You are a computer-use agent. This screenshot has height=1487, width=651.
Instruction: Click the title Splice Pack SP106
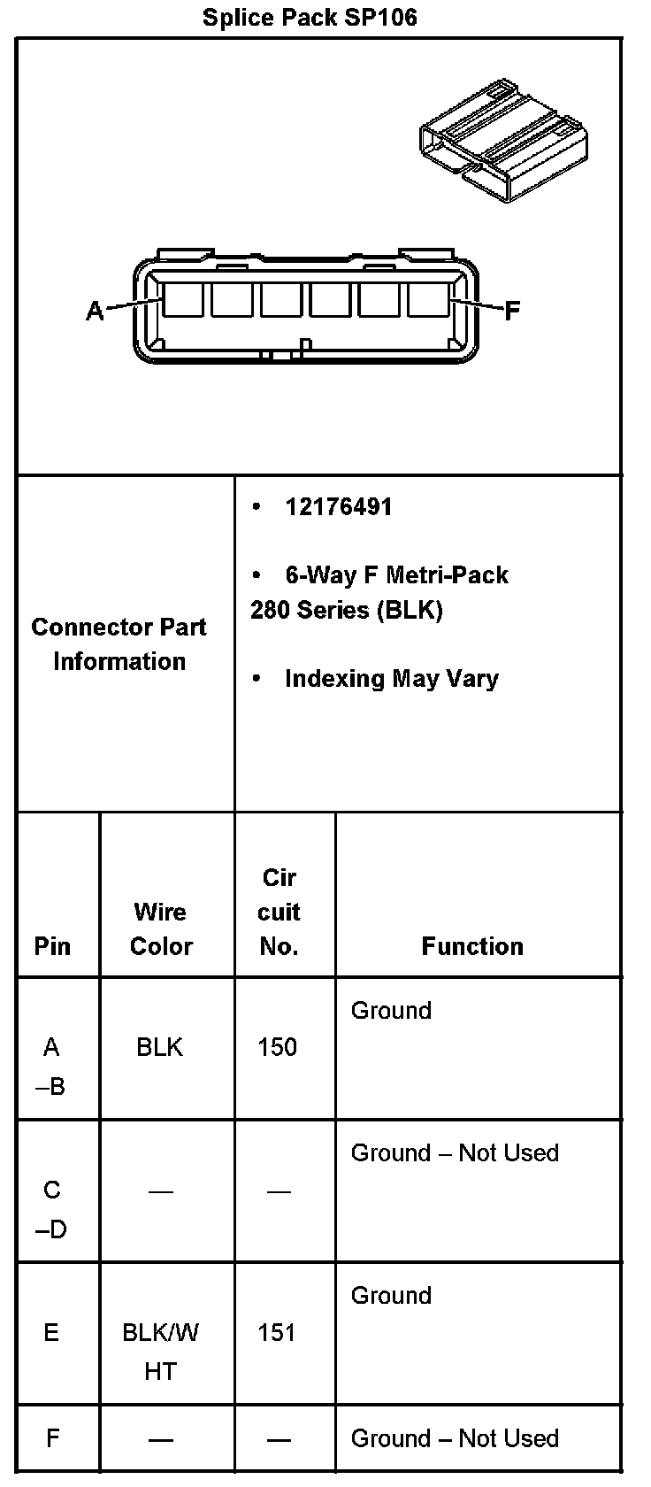click(x=310, y=17)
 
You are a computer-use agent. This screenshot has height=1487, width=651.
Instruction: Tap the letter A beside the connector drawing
click(x=95, y=311)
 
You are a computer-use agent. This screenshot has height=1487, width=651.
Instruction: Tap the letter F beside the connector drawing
click(x=512, y=311)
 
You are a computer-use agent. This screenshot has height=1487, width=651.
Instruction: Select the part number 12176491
click(x=338, y=507)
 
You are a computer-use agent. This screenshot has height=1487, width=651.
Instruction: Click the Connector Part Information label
click(x=119, y=644)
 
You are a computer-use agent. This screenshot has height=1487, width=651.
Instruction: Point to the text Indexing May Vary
click(x=391, y=679)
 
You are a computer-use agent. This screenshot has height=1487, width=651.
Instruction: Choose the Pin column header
click(x=52, y=946)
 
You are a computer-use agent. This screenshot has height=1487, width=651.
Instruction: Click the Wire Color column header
click(x=161, y=928)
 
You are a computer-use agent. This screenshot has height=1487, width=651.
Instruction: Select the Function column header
click(x=472, y=946)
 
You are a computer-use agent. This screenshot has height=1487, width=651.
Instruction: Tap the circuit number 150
click(x=277, y=1047)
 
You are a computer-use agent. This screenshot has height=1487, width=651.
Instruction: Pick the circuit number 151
click(x=277, y=1333)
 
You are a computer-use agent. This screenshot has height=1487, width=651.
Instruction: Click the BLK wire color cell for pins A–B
click(x=159, y=1047)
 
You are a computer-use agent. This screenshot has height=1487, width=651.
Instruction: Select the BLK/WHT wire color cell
click(x=161, y=1352)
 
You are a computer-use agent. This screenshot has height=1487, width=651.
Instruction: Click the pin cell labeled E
click(x=51, y=1333)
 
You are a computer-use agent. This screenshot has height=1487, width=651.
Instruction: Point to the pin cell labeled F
click(x=52, y=1438)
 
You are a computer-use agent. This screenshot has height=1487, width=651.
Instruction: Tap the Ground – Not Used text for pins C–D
click(x=455, y=1152)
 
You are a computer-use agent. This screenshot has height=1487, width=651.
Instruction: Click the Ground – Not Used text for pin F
click(x=455, y=1438)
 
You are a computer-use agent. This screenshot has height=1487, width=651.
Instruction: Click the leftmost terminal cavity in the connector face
click(x=182, y=299)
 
